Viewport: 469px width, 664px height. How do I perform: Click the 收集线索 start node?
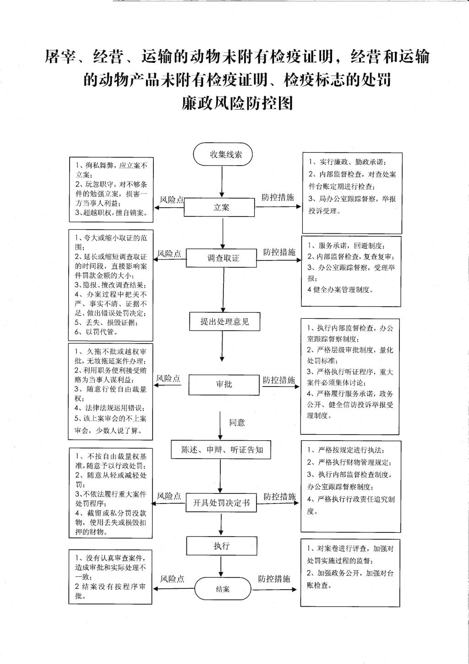click(x=223, y=154)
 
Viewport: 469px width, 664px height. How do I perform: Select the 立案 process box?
click(x=219, y=207)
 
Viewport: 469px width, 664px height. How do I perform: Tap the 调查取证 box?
click(x=221, y=258)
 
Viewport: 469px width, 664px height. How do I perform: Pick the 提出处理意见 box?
click(x=225, y=321)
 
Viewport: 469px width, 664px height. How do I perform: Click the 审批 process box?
click(x=224, y=384)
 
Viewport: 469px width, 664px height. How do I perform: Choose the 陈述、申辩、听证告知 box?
click(x=221, y=450)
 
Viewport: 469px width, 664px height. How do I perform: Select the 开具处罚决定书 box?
click(x=221, y=503)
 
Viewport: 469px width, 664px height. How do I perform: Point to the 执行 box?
click(x=222, y=546)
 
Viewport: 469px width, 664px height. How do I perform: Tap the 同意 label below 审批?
click(x=237, y=422)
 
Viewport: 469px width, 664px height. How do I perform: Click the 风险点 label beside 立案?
click(x=172, y=199)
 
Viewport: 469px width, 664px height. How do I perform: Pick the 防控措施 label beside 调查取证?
click(x=279, y=252)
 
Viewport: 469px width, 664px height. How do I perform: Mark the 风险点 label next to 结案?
click(x=172, y=579)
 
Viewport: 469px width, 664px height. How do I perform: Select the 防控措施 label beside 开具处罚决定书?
click(x=279, y=497)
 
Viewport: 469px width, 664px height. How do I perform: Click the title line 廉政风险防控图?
click(x=237, y=103)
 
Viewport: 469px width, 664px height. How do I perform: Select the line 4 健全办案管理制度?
click(x=340, y=290)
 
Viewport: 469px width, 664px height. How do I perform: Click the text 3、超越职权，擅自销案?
click(x=111, y=212)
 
